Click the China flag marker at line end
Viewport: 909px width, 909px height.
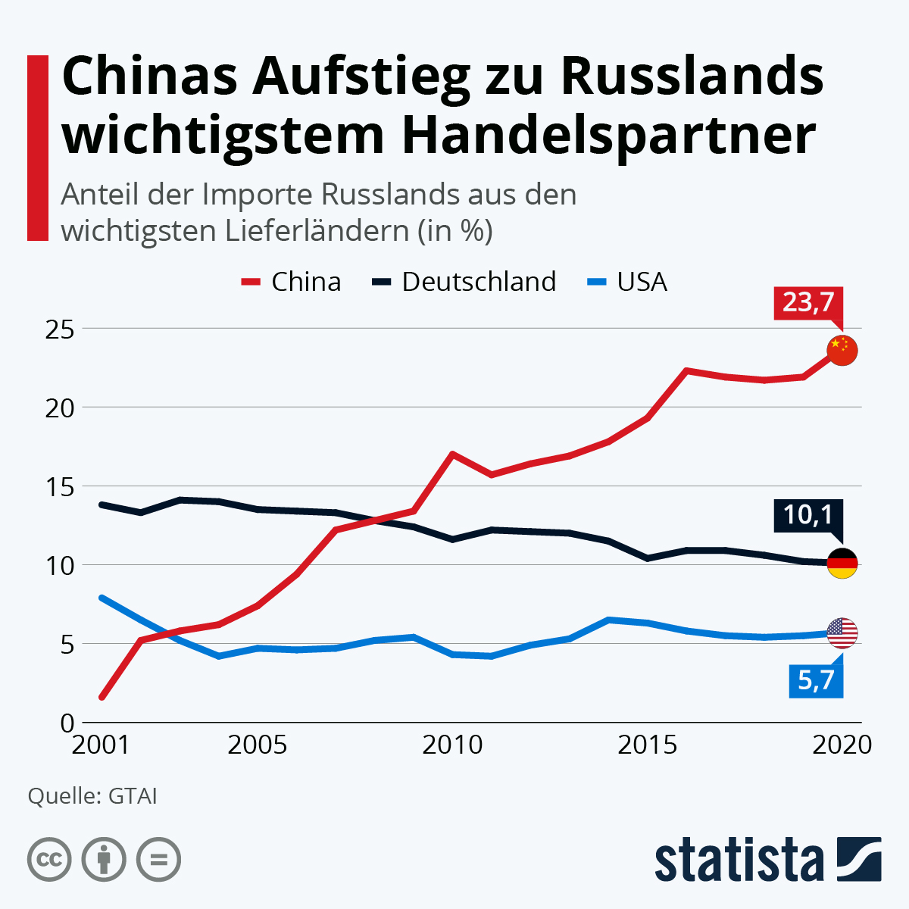(x=842, y=350)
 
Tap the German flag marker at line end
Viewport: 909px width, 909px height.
(x=842, y=563)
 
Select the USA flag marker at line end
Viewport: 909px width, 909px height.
(x=842, y=633)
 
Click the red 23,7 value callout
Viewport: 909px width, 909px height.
(x=808, y=302)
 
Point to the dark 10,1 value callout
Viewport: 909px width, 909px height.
(x=807, y=515)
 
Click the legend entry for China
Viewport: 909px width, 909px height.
(x=292, y=282)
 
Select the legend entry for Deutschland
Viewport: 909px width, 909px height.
(x=464, y=282)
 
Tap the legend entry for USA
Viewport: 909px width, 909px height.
(x=628, y=282)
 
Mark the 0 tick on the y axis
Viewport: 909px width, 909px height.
(x=67, y=723)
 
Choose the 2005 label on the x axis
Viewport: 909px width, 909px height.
(x=258, y=745)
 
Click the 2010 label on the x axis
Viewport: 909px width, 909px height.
(x=452, y=745)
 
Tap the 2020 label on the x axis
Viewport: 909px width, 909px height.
(x=842, y=745)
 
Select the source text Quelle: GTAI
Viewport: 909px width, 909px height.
(x=92, y=796)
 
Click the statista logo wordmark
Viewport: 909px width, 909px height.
(x=739, y=860)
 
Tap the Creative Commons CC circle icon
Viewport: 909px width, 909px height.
(x=49, y=860)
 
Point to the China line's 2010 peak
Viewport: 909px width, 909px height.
(x=452, y=454)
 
